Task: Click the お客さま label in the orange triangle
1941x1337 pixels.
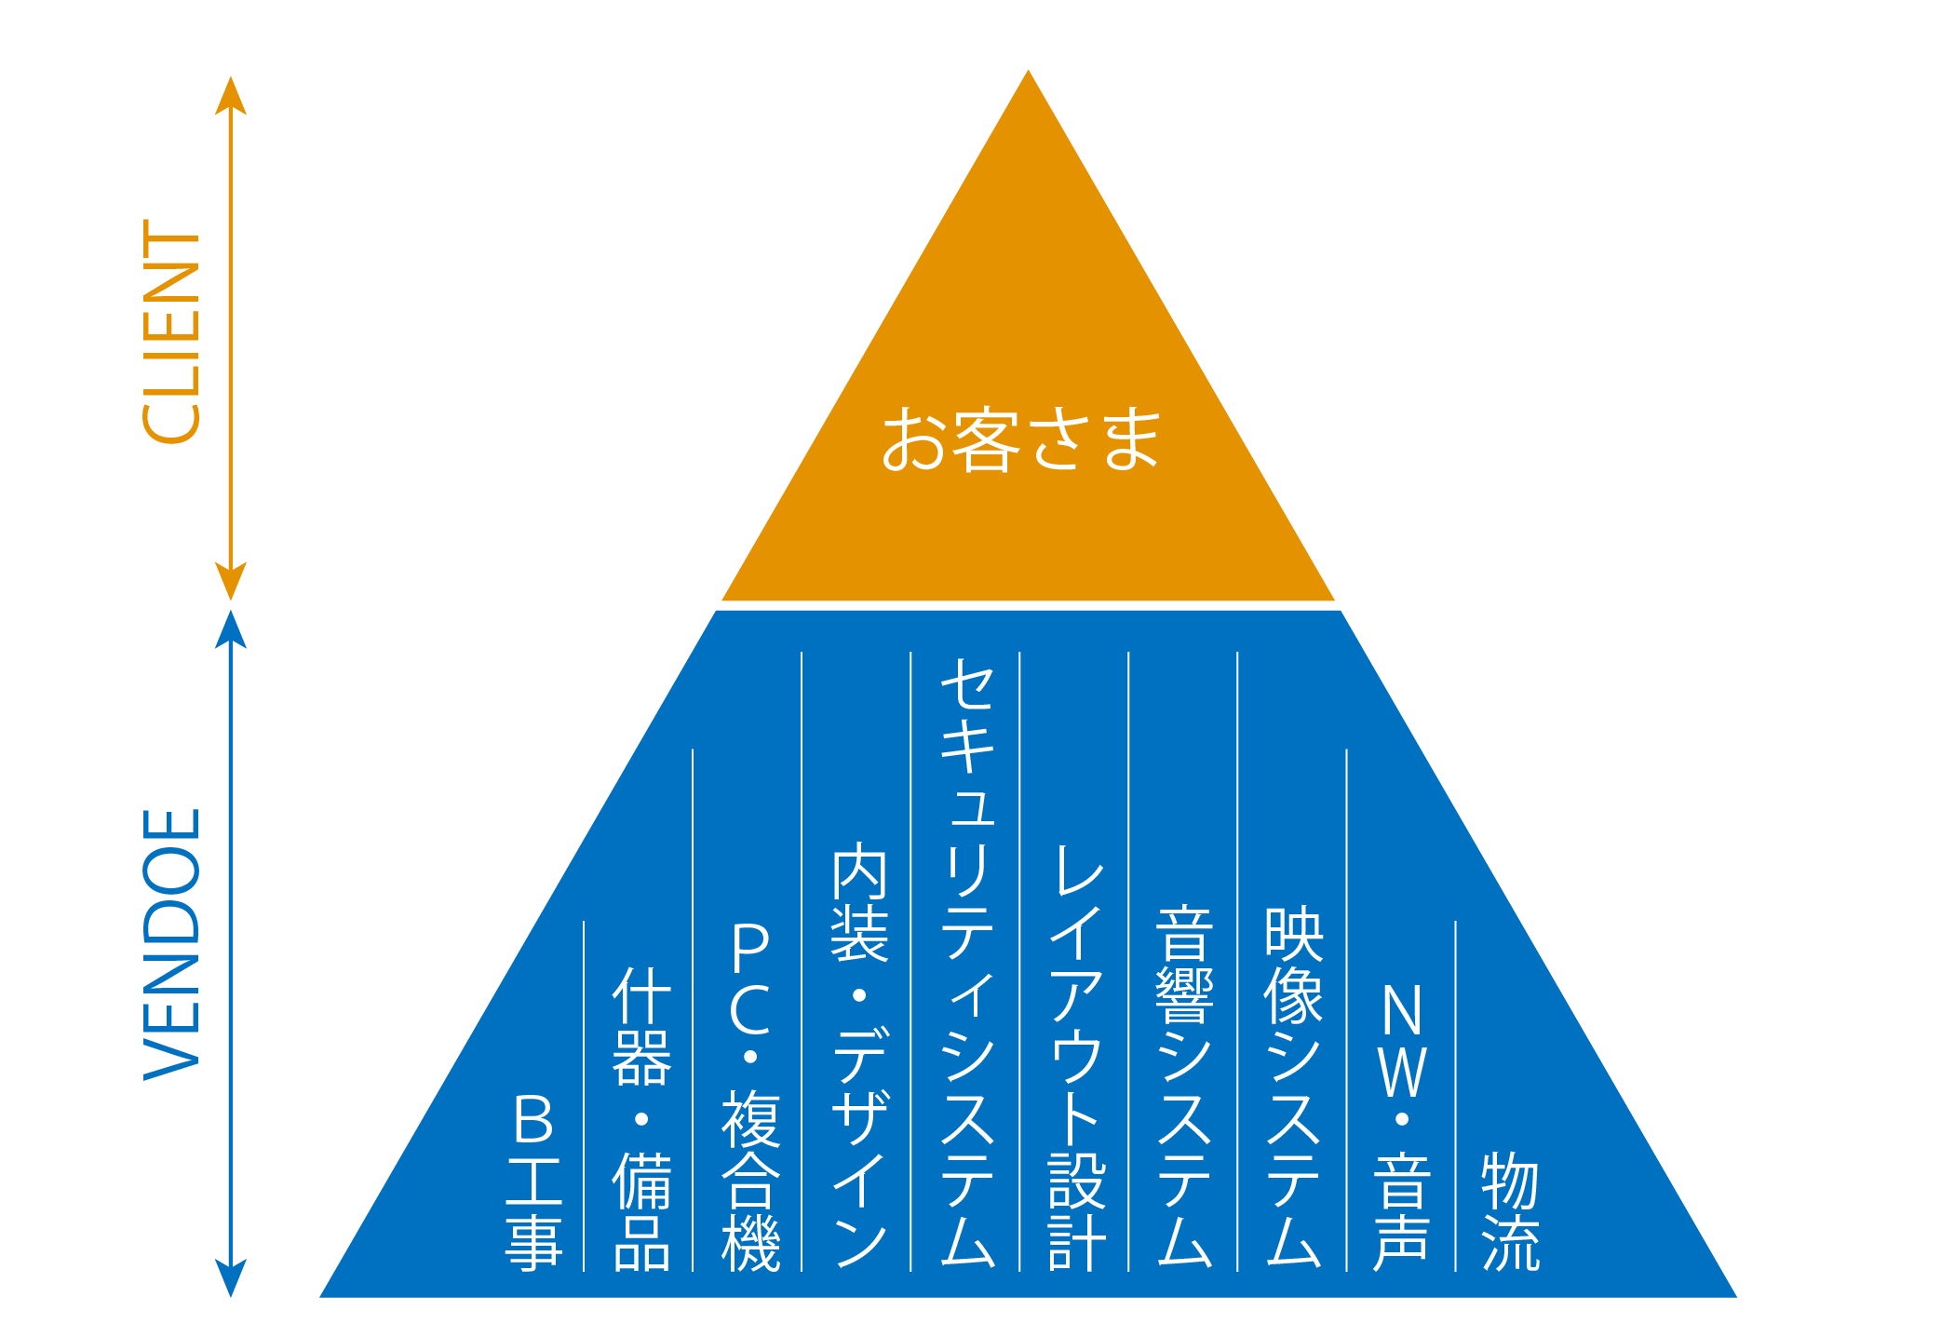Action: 1021,439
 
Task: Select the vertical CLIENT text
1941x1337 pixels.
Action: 171,331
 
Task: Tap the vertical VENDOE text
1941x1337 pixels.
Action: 171,944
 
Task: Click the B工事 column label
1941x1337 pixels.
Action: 533,1181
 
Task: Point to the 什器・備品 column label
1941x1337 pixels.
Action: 641,1117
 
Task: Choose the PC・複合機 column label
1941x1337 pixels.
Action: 750,1096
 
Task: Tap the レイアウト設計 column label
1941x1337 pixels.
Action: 1077,1057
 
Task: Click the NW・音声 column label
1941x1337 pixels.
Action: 1402,1127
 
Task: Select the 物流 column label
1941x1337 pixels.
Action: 1510,1210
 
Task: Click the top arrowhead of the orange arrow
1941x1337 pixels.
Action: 231,93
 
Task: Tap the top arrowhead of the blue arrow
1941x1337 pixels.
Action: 231,628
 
